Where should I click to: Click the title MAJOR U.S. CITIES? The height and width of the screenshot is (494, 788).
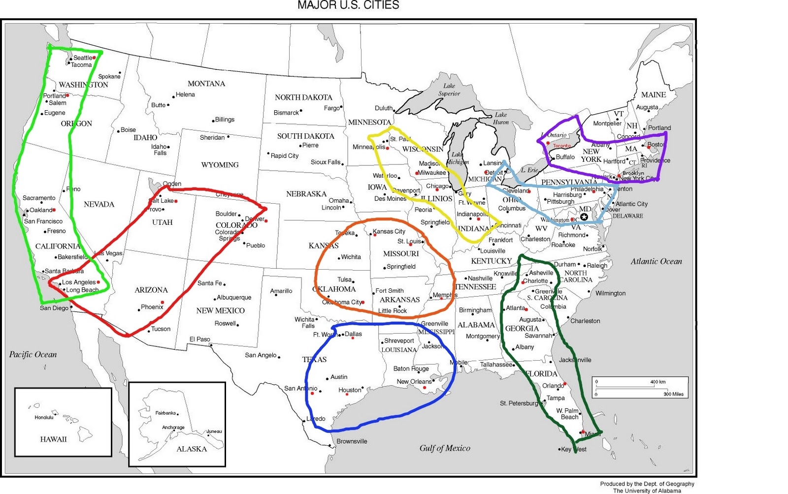(348, 5)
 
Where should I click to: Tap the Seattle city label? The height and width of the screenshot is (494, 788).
(83, 58)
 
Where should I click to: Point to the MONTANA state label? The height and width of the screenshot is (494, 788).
(206, 84)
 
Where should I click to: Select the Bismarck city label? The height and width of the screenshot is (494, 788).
(286, 113)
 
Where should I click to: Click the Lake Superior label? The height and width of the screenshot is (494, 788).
(449, 90)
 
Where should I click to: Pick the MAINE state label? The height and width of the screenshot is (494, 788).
(653, 94)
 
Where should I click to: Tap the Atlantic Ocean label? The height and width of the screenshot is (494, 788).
(656, 261)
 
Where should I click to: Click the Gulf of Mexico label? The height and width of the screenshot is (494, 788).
(445, 448)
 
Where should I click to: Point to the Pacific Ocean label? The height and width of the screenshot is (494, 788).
(33, 354)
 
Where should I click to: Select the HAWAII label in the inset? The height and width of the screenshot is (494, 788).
(53, 439)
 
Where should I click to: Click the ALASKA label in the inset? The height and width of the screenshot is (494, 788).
(192, 449)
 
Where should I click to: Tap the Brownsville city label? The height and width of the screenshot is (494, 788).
(352, 441)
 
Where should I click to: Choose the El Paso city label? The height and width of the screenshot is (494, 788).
(200, 339)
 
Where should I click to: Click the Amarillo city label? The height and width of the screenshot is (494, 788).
(281, 291)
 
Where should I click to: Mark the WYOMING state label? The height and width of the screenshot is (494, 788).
(220, 165)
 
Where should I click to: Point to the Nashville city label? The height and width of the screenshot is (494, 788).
(480, 278)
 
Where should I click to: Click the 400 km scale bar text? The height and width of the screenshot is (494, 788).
(657, 382)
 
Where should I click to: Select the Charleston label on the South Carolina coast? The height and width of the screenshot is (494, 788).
(585, 321)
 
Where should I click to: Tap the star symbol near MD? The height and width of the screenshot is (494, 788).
(584, 217)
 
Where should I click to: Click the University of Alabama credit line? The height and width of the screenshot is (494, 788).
(647, 491)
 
